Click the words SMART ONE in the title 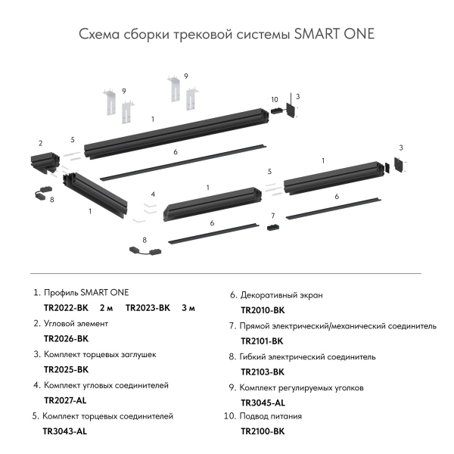point(332,35)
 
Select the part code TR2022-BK point(67,308)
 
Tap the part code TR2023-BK point(148,308)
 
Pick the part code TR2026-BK point(67,338)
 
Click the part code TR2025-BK point(67,369)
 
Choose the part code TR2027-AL point(66,400)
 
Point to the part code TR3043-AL point(65,431)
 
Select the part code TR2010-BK point(263,310)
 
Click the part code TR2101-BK point(263,341)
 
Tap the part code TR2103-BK point(263,372)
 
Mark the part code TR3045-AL point(263,403)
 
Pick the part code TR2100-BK point(263,431)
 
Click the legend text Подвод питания point(271,416)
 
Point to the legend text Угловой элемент point(76,323)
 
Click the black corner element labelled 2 point(39,162)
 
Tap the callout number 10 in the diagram point(274,99)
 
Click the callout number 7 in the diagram point(273,216)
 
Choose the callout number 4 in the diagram point(153,194)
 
